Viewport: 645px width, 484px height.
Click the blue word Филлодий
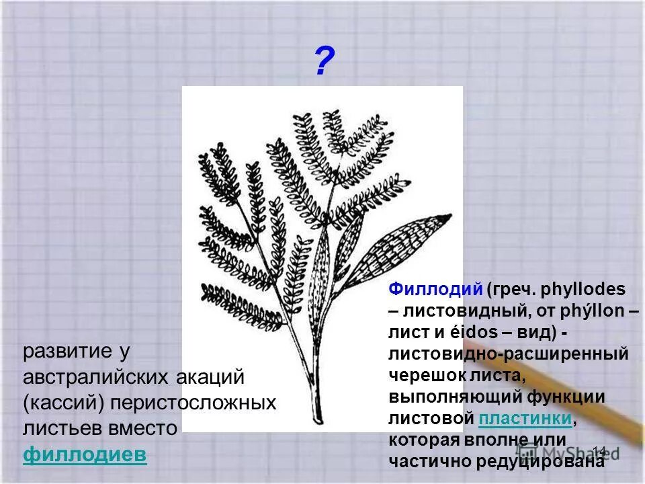click(435, 290)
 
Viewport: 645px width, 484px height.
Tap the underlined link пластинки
click(526, 419)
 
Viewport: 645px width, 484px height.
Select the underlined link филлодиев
click(85, 454)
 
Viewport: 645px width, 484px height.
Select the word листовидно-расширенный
click(509, 354)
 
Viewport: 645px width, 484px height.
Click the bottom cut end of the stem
click(316, 418)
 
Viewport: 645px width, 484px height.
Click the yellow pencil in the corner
click(591, 403)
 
